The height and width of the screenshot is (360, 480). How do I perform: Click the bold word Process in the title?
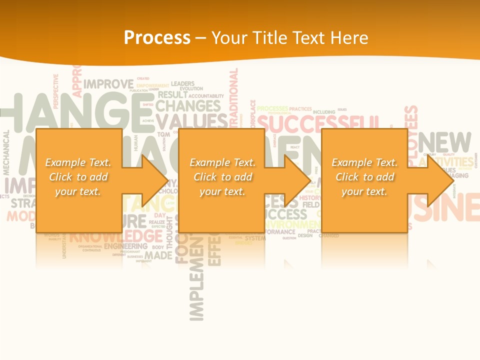coord(157,38)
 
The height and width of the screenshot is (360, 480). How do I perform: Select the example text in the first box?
coord(78,177)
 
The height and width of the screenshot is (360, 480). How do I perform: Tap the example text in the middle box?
coord(222,177)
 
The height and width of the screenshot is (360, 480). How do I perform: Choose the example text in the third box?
coord(364,177)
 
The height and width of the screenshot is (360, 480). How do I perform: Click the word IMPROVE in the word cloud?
coord(108,84)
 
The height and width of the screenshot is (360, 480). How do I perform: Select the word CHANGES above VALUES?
coord(187,106)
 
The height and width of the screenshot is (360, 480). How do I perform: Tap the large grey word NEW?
coord(444,143)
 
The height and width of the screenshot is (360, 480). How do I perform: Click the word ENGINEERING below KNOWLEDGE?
coord(125,246)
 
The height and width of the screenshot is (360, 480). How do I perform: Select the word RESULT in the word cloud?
coord(172,95)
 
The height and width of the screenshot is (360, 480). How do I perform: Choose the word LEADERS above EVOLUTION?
coord(183,83)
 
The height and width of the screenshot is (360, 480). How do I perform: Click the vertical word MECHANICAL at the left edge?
coord(6,152)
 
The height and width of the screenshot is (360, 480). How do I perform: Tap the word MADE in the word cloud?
coord(159,255)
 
